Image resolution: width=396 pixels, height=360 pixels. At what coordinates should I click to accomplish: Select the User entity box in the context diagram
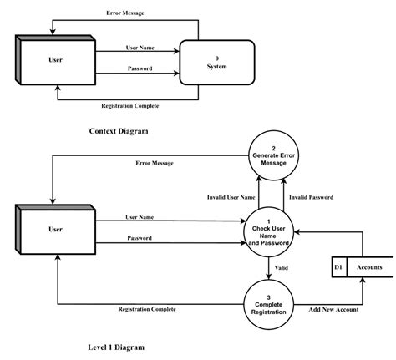coord(54,60)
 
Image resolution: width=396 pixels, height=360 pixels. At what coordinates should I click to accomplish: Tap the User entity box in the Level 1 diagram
coord(54,228)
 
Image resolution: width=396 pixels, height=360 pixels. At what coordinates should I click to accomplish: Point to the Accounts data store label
coord(369,266)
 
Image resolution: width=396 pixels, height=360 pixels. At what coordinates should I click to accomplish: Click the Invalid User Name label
coord(231,197)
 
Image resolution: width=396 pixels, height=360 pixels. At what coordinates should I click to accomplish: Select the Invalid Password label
coord(311,197)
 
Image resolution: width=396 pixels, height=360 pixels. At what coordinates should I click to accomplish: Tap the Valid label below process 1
coord(282,267)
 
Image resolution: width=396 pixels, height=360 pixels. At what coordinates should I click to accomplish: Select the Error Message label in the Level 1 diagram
coord(155,163)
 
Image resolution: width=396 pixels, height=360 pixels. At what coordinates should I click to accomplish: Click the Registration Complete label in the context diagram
coord(129,105)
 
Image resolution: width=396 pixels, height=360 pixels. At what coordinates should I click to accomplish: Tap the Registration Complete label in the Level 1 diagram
coord(145,309)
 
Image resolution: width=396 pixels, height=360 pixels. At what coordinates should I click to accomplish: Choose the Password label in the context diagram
coord(139,68)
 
